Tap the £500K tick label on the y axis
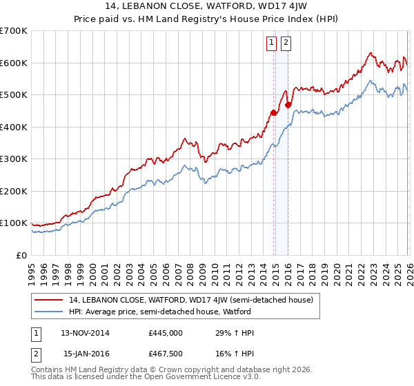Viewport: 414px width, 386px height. (x=13, y=94)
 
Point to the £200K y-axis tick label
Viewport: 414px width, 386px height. (x=13, y=191)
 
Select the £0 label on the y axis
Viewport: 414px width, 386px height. (x=21, y=255)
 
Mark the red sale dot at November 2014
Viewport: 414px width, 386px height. (x=273, y=112)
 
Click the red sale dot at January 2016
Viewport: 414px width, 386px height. (x=288, y=105)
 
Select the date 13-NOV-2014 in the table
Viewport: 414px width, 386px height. (x=85, y=333)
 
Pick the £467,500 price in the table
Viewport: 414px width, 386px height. (x=165, y=354)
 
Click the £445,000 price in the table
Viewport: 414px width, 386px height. (x=165, y=333)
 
